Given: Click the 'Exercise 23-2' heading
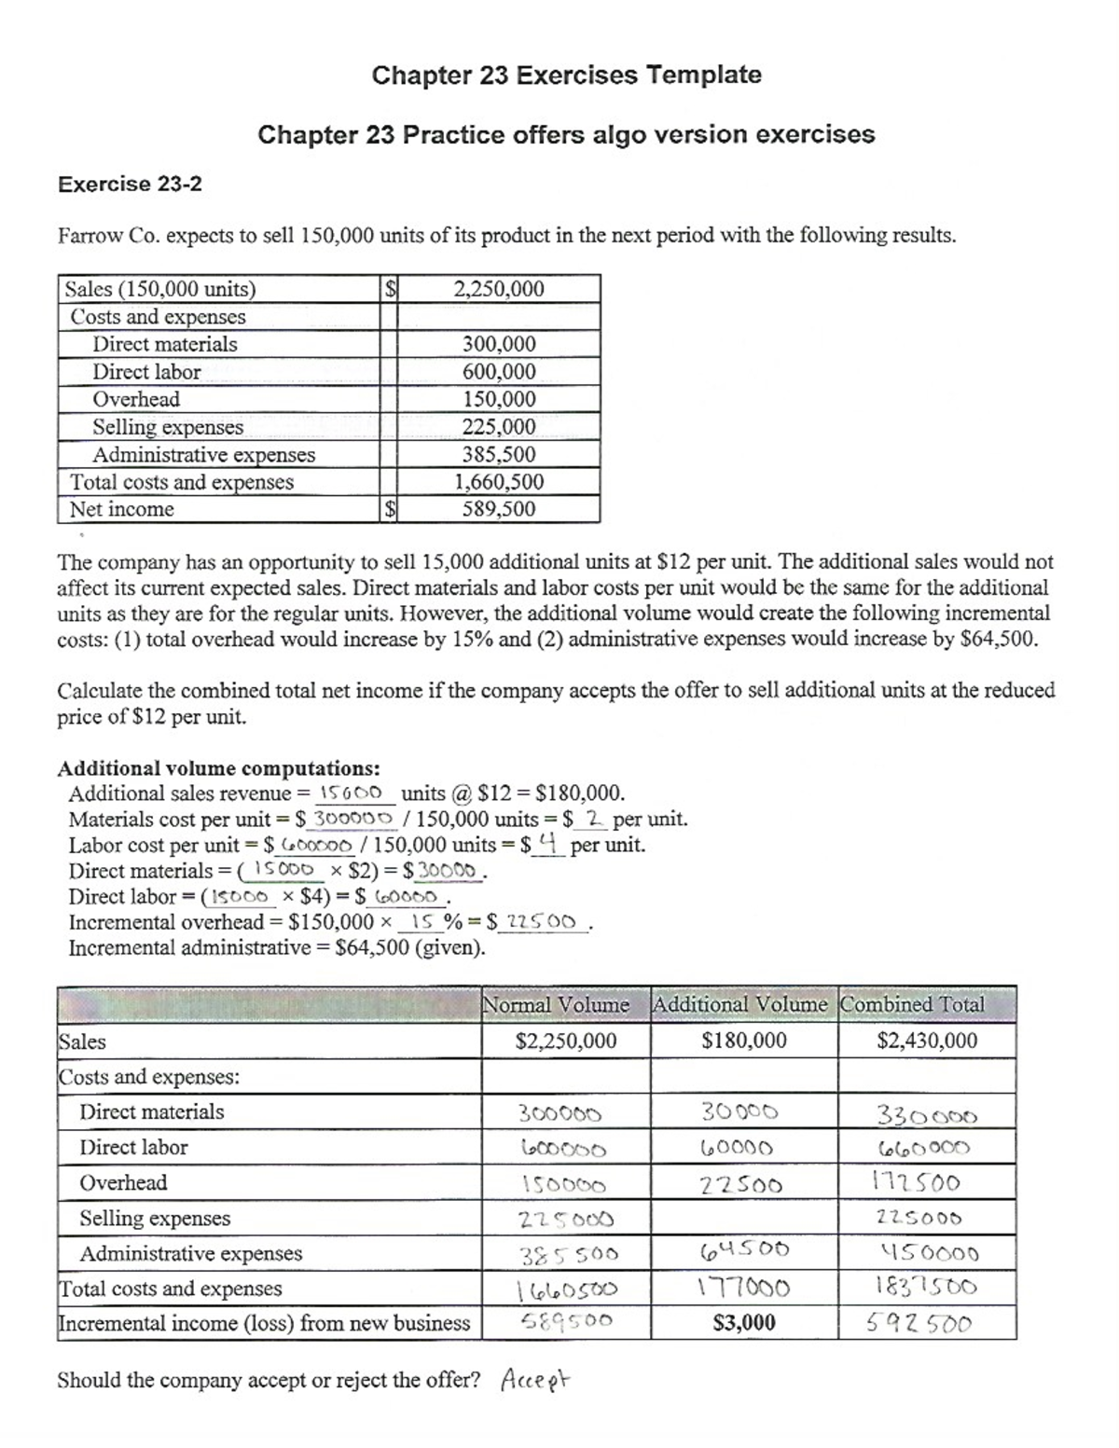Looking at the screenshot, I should pyautogui.click(x=130, y=184).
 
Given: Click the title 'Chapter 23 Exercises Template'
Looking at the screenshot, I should pyautogui.click(x=566, y=75).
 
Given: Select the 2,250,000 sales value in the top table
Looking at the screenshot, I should pyautogui.click(x=498, y=289).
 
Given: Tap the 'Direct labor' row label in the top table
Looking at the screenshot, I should pyautogui.click(x=146, y=371).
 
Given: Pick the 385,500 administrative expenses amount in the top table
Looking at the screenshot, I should pyautogui.click(x=499, y=454).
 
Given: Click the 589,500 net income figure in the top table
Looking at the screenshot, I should pyautogui.click(x=499, y=509).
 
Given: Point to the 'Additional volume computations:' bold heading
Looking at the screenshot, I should pyautogui.click(x=218, y=768).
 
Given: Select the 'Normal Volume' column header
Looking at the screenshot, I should pyautogui.click(x=556, y=1004).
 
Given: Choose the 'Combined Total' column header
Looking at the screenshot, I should pyautogui.click(x=913, y=1004).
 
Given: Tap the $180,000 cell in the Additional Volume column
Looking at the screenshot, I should pyautogui.click(x=743, y=1041).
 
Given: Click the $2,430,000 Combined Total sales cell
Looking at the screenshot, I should pyautogui.click(x=927, y=1041).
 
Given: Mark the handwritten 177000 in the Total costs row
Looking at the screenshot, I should pyautogui.click(x=743, y=1289).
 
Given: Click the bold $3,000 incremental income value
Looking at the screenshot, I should pyautogui.click(x=743, y=1322).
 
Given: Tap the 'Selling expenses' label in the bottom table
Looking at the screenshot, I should pyautogui.click(x=155, y=1218).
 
